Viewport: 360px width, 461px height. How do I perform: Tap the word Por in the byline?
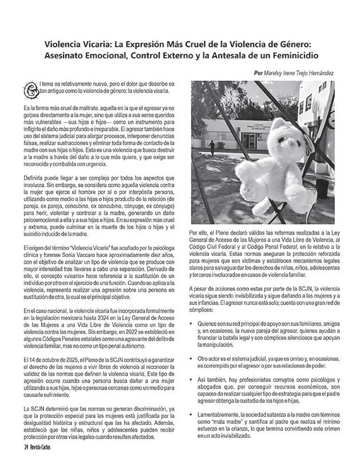pos(259,73)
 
